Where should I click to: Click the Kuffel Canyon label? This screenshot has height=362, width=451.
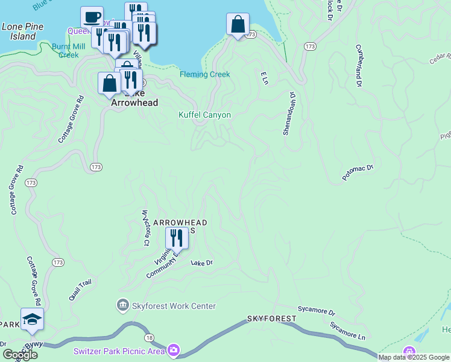click(x=205, y=115)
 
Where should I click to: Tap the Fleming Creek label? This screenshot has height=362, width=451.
click(x=204, y=75)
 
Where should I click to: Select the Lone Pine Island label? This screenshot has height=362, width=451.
click(x=19, y=31)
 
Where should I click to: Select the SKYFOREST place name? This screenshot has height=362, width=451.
click(x=271, y=318)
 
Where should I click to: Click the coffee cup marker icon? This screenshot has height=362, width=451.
click(x=92, y=17)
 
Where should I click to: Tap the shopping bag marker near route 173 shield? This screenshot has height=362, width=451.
click(x=238, y=24)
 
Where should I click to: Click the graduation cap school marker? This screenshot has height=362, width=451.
click(x=32, y=319)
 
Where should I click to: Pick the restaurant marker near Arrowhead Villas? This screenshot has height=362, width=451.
click(x=176, y=237)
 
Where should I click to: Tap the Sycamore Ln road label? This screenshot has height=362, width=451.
click(x=348, y=331)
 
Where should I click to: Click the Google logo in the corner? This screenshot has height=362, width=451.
click(x=20, y=355)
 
